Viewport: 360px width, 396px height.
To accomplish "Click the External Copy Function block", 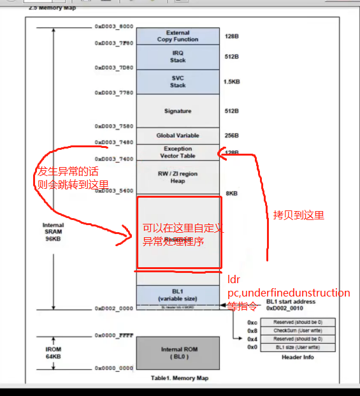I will [x=178, y=36].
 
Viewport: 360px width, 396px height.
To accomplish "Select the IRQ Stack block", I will [x=178, y=57].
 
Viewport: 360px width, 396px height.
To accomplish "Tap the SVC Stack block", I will [x=178, y=82].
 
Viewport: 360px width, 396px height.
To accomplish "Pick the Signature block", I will [x=178, y=111].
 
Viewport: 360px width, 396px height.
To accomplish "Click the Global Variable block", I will [x=178, y=135].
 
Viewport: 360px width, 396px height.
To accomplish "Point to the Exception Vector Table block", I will [x=178, y=152].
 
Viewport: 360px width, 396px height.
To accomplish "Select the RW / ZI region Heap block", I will [x=178, y=177].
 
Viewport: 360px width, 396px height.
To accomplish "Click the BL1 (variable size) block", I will [x=178, y=295].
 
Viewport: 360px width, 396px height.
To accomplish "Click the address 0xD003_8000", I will [x=114, y=27].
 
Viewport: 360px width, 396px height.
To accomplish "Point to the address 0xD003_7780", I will [x=114, y=92].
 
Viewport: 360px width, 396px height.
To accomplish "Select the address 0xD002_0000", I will [x=114, y=309].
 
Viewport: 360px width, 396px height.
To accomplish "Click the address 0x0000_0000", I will [x=114, y=369].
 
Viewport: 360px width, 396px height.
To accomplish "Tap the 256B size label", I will [x=231, y=135].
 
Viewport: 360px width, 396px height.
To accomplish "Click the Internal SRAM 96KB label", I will [x=54, y=232].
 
